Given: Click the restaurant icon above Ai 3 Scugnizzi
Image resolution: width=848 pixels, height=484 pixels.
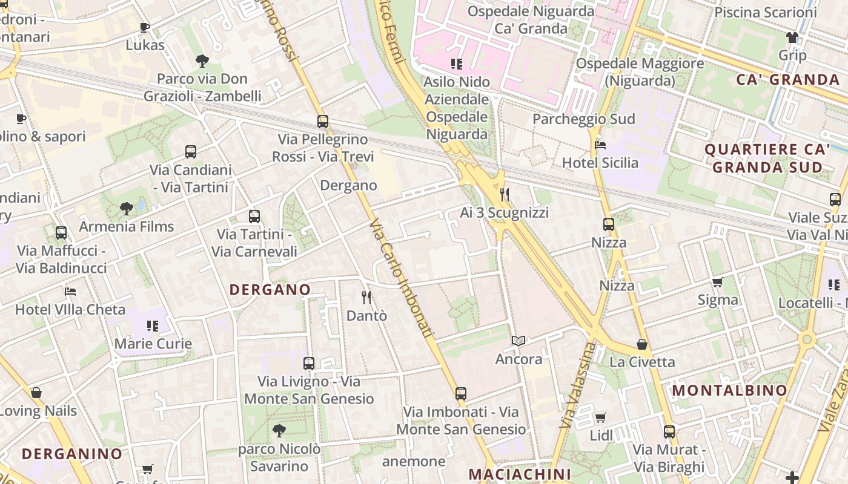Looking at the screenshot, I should (x=505, y=194).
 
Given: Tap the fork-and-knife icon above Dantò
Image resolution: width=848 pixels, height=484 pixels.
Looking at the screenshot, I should (x=366, y=297).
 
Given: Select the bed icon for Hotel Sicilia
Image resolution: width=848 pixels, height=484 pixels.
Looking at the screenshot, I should (x=600, y=145).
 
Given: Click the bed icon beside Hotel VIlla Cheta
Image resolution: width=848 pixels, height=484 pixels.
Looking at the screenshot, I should (x=70, y=292).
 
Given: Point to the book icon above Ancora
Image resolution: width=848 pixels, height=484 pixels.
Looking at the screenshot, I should (x=518, y=341).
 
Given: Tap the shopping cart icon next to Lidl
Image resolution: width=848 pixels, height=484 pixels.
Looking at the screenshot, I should (x=600, y=417).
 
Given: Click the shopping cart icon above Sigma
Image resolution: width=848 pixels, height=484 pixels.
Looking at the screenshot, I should (x=718, y=282).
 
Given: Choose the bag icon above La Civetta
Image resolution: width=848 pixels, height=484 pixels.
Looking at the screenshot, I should (x=642, y=344).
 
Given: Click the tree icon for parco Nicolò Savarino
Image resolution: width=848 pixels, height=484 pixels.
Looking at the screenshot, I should (x=279, y=431).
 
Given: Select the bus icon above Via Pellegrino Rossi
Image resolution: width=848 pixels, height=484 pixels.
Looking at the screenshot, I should (x=323, y=121).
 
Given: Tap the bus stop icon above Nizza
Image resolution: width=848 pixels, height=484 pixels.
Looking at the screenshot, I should (x=609, y=224).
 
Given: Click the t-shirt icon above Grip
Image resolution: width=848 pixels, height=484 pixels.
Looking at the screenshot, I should (x=792, y=38).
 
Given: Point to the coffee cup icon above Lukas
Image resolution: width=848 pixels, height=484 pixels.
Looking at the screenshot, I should (x=144, y=27).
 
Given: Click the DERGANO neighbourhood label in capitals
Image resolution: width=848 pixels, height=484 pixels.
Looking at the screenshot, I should (x=270, y=290).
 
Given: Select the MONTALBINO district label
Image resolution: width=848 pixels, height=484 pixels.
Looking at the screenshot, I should (x=730, y=391).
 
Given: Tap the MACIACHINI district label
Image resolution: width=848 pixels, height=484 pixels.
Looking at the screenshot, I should (x=520, y=474).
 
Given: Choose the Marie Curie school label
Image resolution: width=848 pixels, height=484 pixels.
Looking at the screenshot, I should (x=153, y=344).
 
